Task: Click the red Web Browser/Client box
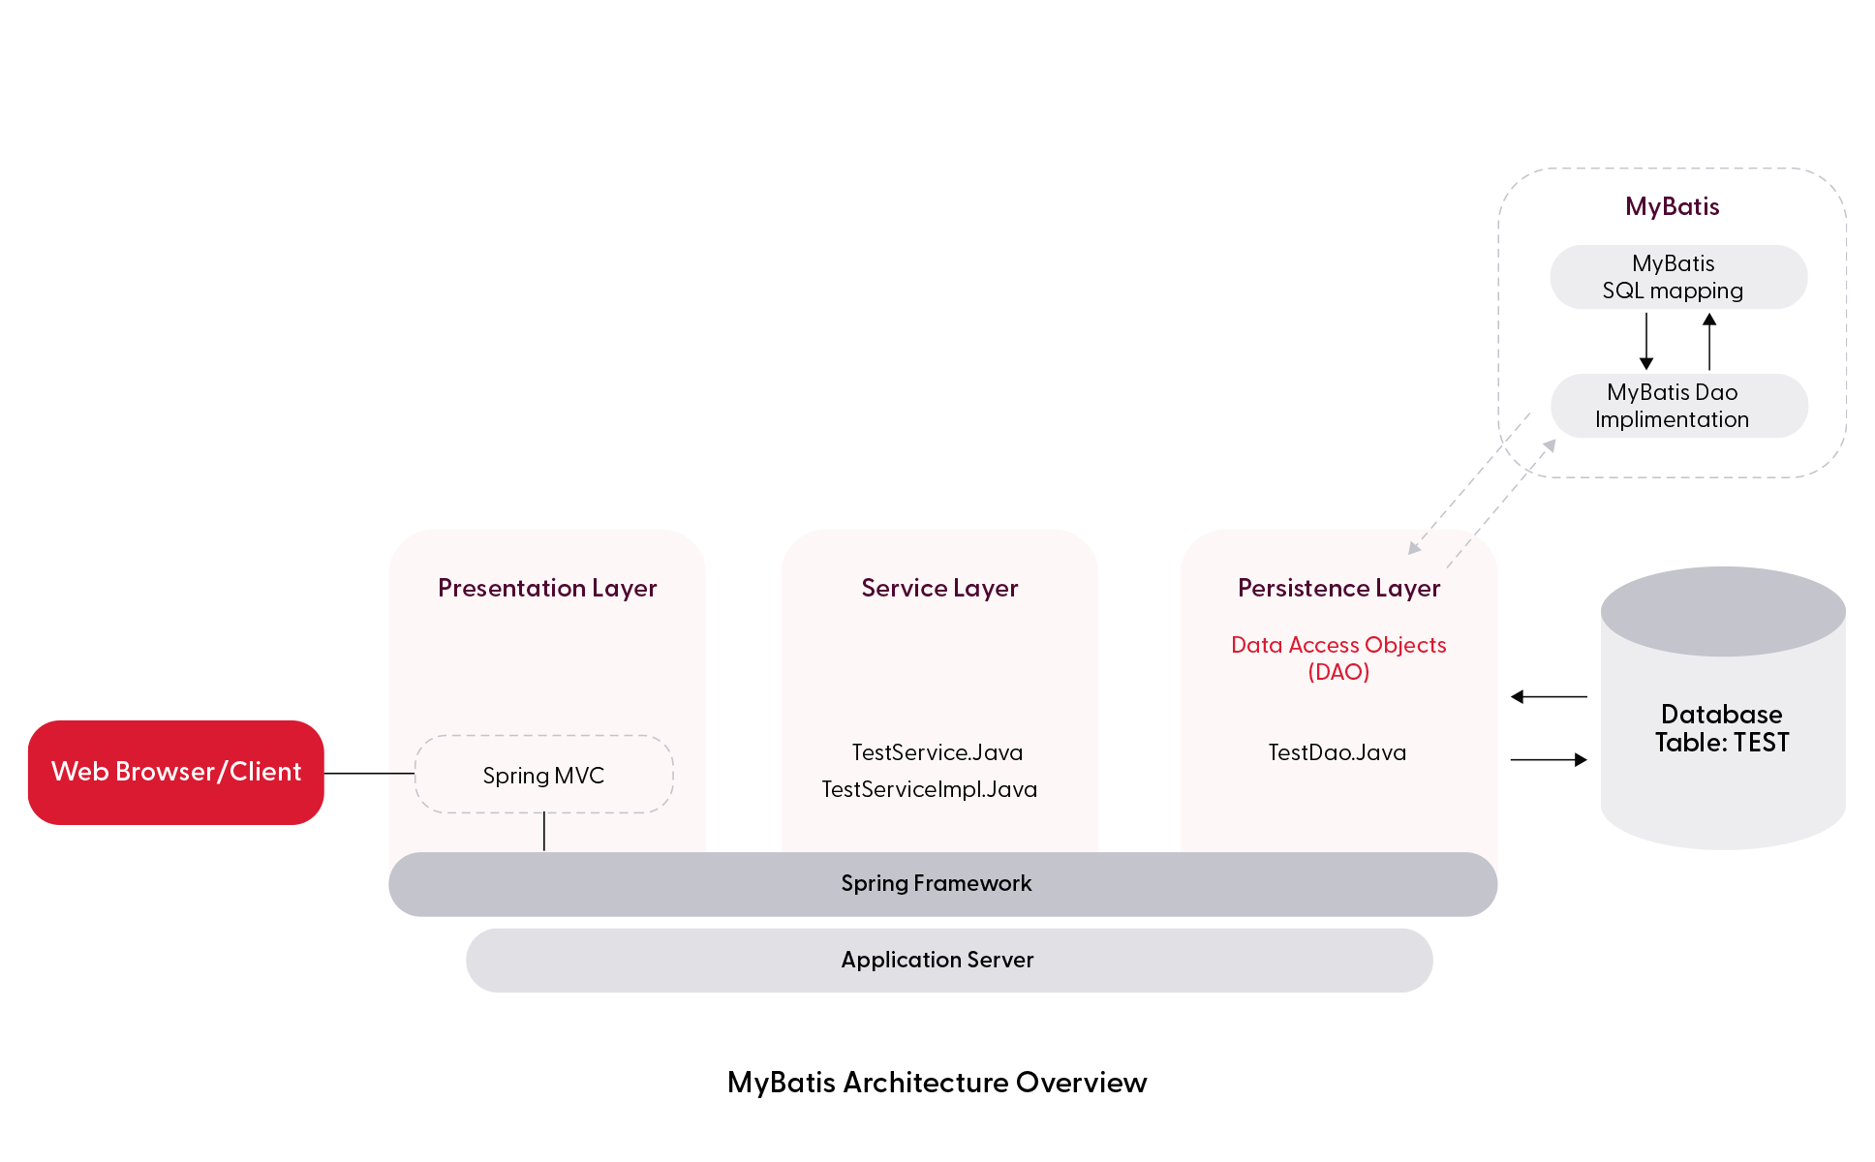(x=175, y=772)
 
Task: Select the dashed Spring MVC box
(x=543, y=775)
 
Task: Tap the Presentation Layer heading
(x=547, y=588)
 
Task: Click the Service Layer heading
(x=939, y=588)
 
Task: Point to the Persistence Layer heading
(x=1338, y=588)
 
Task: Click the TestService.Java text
(x=937, y=752)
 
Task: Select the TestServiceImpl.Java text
(x=929, y=789)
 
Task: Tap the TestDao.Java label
(x=1337, y=752)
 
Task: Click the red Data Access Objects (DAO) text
(x=1338, y=657)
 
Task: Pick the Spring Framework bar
(x=937, y=883)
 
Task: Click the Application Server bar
(x=937, y=960)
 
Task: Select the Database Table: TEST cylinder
(x=1722, y=717)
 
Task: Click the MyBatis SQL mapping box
(x=1677, y=277)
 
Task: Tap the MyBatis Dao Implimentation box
(x=1677, y=406)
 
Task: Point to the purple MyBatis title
(x=1673, y=206)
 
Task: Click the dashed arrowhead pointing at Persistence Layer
(x=1414, y=549)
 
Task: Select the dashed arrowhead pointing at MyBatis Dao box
(x=1550, y=444)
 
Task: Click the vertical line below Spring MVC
(x=544, y=832)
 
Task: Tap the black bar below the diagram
(x=937, y=1085)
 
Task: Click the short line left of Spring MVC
(x=401, y=773)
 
